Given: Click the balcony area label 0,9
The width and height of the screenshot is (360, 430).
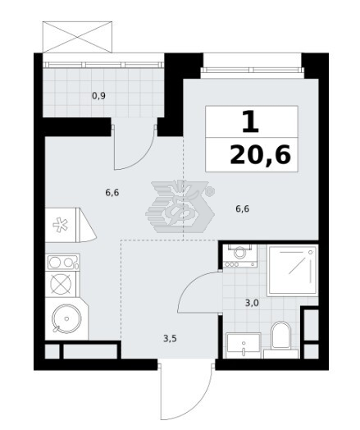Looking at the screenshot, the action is (x=98, y=96).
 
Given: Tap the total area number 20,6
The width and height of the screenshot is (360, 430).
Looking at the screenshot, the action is (x=260, y=155).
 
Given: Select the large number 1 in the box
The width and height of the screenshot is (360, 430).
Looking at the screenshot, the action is (x=251, y=121).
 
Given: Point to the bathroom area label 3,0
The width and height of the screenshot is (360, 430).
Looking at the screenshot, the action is (x=252, y=304).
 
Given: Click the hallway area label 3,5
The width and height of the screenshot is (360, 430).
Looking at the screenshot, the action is (x=170, y=339).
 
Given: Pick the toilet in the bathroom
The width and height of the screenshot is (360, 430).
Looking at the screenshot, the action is (x=280, y=339).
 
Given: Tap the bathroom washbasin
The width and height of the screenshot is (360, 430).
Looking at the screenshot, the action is (x=244, y=345).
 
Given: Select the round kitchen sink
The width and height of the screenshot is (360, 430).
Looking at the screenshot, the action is (x=66, y=319).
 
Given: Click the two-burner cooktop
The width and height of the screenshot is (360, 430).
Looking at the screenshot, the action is (x=64, y=263).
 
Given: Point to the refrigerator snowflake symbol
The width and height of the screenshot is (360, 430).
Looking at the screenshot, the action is (x=60, y=225).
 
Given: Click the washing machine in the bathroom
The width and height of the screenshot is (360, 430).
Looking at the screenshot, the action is (x=240, y=256).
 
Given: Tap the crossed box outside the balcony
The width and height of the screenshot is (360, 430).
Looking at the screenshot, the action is (x=78, y=37).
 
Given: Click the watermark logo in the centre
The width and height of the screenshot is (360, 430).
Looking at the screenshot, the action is (x=180, y=207).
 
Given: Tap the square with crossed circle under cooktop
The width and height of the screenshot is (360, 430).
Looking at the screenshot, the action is (x=62, y=284).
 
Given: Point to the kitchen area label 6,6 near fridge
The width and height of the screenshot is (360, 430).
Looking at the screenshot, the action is (x=112, y=193).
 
